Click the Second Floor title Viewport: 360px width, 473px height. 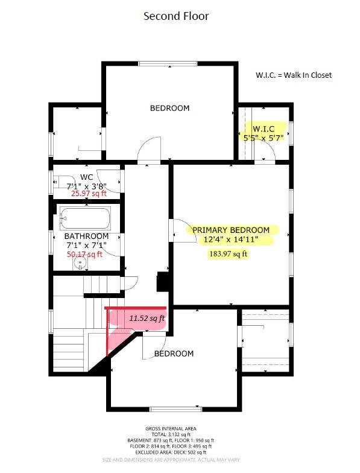pyautogui.click(x=176, y=16)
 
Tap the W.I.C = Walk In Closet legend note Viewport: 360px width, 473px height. pyautogui.click(x=294, y=75)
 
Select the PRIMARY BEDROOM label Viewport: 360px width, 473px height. pyautogui.click(x=231, y=230)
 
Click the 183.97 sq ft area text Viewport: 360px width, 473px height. pyautogui.click(x=228, y=253)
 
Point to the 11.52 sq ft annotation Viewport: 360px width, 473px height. pyautogui.click(x=147, y=319)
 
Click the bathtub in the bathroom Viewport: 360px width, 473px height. pyautogui.click(x=86, y=218)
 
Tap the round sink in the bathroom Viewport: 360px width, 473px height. pyautogui.click(x=80, y=263)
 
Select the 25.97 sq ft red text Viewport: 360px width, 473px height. pyautogui.click(x=89, y=193)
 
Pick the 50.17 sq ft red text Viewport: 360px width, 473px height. pyautogui.click(x=84, y=255)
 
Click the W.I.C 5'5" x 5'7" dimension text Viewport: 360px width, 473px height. pyautogui.click(x=264, y=133)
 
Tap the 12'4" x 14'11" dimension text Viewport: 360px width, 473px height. pyautogui.click(x=231, y=240)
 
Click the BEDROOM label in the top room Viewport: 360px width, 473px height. pyautogui.click(x=170, y=108)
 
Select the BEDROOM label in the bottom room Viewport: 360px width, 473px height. pyautogui.click(x=174, y=354)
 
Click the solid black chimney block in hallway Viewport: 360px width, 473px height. pyautogui.click(x=163, y=282)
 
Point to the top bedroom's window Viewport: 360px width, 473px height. pyautogui.click(x=168, y=64)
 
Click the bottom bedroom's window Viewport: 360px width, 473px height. pyautogui.click(x=176, y=409)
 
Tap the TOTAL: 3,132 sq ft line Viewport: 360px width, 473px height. pyautogui.click(x=171, y=434)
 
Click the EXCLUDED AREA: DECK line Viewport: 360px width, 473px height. pyautogui.click(x=171, y=452)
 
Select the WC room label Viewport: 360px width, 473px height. pyautogui.click(x=87, y=177)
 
